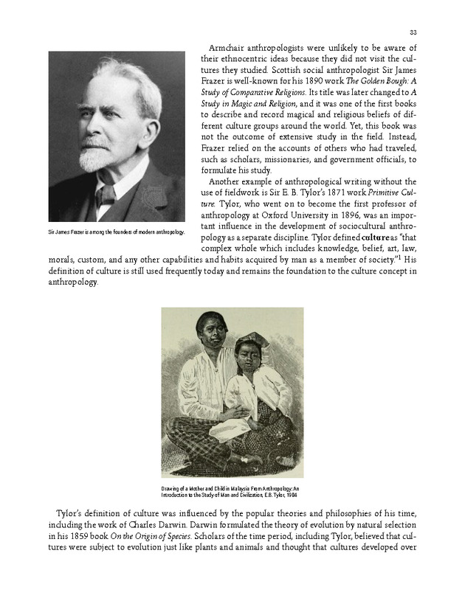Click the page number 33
(413, 32)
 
